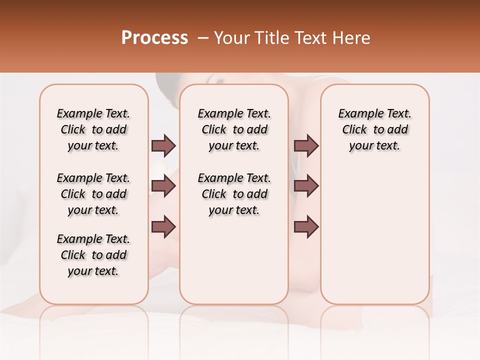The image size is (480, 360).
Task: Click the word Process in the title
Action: point(154,38)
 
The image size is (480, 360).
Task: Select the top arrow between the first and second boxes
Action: point(163,145)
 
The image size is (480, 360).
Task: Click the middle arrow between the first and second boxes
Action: point(163,186)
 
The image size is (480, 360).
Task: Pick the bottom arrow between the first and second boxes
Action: point(163,226)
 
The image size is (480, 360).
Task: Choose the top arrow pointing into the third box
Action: point(306,145)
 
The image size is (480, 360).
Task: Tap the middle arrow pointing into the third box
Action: point(306,186)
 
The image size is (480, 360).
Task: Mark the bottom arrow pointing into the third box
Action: point(306,226)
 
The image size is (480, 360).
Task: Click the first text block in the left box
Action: point(93,129)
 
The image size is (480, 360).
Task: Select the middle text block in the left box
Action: point(93,194)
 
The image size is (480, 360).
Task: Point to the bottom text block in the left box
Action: point(93,255)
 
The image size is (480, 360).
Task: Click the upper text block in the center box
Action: point(234,129)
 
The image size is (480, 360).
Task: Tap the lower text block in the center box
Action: point(234,194)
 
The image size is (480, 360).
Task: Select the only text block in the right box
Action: point(374,129)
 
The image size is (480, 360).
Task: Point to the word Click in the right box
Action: point(354,130)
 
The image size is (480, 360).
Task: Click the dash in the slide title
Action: point(203,38)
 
